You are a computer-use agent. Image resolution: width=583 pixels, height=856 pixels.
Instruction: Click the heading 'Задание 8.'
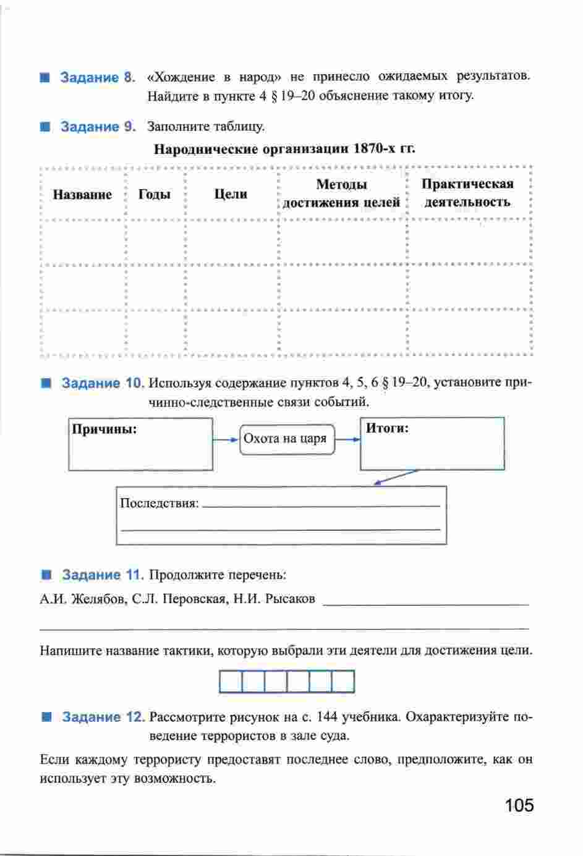[x=97, y=78]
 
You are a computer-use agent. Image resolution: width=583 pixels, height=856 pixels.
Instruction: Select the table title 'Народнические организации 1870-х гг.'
[x=284, y=149]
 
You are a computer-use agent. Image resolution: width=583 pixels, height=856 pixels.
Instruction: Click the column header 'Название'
[x=82, y=195]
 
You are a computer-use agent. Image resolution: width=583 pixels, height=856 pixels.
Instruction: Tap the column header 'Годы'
[x=155, y=195]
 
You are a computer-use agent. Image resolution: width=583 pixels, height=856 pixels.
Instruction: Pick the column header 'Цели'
[x=231, y=194]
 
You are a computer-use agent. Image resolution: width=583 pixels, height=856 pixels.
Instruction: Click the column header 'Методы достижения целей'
[x=341, y=193]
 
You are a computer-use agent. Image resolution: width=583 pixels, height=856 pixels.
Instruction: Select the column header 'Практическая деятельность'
[x=467, y=193]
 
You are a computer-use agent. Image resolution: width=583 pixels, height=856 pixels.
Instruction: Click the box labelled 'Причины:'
[x=140, y=444]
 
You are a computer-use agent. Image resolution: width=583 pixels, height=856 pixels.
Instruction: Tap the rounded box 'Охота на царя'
[x=286, y=439]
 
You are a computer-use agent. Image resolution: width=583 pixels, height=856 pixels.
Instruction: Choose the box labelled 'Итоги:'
[x=432, y=444]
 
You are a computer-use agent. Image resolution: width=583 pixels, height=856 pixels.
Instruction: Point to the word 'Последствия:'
[x=159, y=503]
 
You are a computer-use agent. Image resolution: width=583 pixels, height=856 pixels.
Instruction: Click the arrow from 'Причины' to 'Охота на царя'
[x=226, y=439]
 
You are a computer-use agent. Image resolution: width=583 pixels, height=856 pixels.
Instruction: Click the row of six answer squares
[x=287, y=682]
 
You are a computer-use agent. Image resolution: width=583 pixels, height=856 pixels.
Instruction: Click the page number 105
[x=518, y=805]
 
